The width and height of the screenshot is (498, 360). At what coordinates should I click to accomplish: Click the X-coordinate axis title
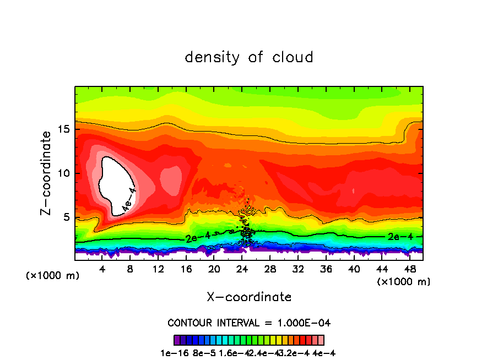coord(249,297)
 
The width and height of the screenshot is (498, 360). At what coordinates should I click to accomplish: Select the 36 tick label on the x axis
coord(326,270)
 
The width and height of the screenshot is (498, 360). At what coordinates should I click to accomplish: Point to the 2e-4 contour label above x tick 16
coord(199,237)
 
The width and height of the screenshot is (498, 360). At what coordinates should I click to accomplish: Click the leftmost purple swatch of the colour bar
coord(177,340)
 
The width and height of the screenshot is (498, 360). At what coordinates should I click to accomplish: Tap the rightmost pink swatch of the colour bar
coord(321,340)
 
